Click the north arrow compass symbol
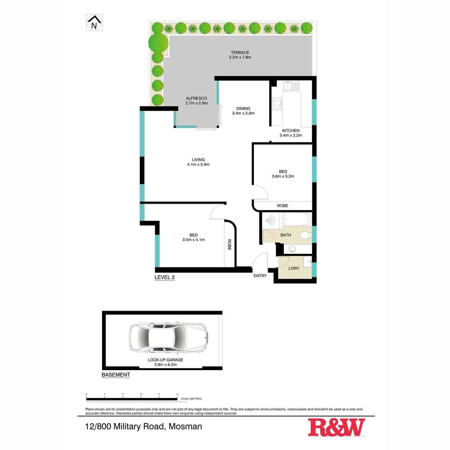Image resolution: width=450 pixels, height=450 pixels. [94, 22]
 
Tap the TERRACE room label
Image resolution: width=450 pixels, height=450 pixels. [240, 52]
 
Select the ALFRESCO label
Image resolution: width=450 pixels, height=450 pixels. [196, 98]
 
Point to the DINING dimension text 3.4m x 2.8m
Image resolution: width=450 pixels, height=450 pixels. [243, 113]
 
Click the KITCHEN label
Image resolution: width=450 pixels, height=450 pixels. [291, 131]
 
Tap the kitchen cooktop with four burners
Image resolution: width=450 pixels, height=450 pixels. [277, 103]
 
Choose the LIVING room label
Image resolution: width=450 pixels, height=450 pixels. [198, 160]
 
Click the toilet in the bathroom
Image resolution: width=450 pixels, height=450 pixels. [305, 235]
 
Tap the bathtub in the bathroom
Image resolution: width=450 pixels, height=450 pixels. [297, 220]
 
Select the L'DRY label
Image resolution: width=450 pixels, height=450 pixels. [293, 268]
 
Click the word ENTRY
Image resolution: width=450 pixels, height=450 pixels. [260, 276]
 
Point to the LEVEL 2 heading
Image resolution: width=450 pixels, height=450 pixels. [164, 277]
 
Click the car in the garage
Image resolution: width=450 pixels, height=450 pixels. [168, 337]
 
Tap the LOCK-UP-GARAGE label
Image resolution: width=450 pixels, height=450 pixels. [166, 360]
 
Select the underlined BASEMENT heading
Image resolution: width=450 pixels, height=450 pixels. [116, 375]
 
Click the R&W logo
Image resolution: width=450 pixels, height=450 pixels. [336, 427]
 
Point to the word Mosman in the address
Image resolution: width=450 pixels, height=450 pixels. [185, 426]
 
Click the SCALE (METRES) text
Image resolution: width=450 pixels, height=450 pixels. [191, 399]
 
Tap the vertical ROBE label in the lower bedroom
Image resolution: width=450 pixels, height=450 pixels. [229, 245]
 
